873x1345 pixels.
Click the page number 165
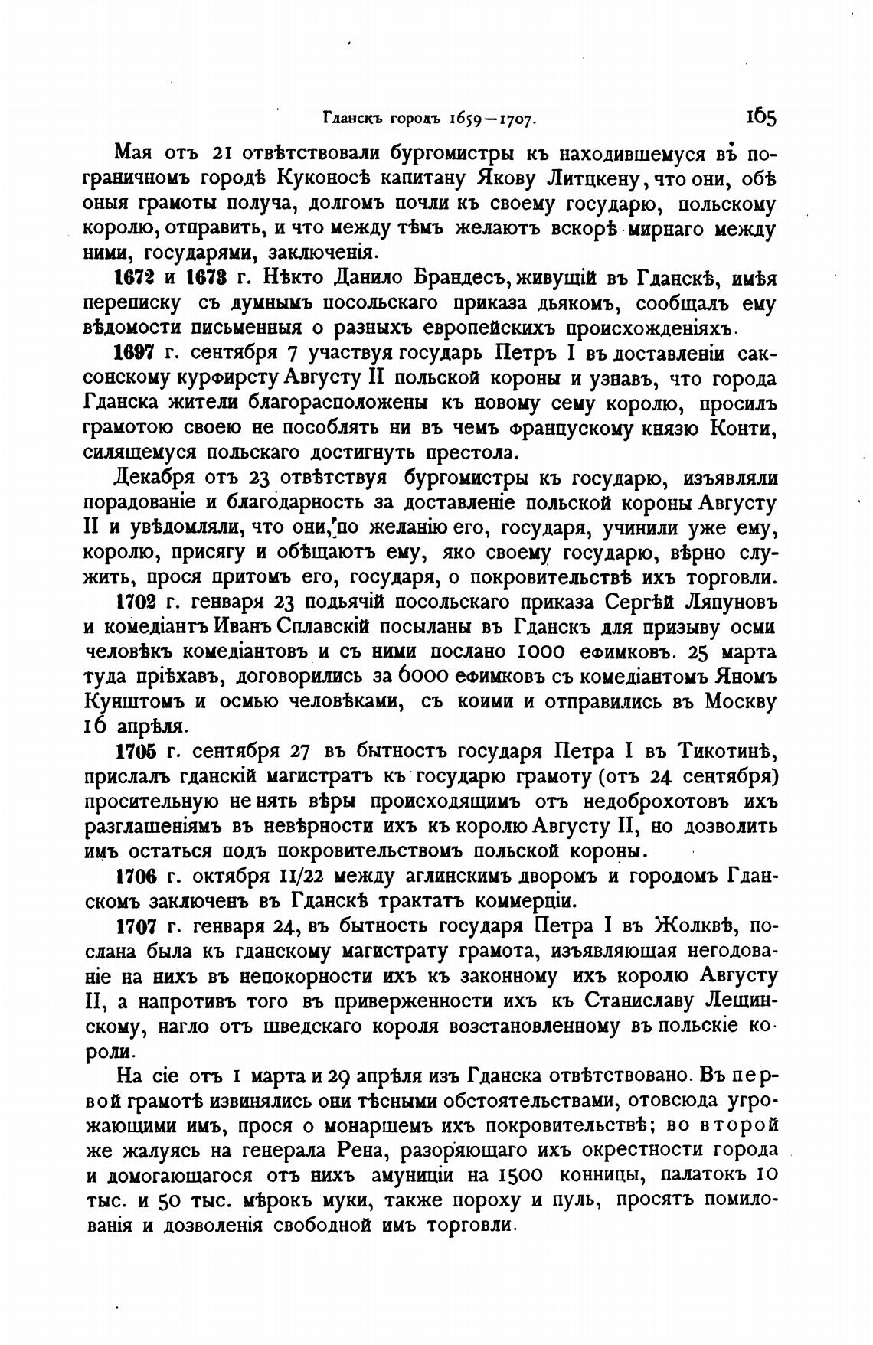coord(760,117)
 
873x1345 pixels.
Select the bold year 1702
coord(135,601)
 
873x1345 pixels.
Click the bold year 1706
coord(135,875)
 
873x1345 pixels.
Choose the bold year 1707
coord(135,925)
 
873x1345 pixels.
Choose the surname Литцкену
coord(584,180)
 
